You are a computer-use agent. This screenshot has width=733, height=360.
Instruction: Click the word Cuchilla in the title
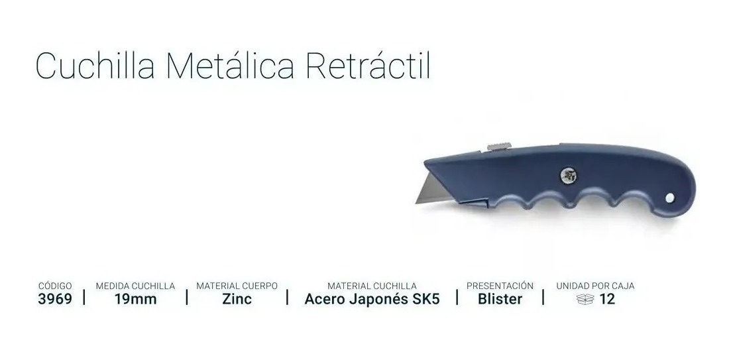(95, 66)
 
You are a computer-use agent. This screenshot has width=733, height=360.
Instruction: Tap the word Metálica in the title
(231, 66)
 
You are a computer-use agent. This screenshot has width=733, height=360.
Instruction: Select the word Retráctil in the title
(368, 66)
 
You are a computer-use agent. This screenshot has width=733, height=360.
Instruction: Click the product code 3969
(55, 299)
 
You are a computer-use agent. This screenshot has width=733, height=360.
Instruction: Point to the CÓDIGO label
(55, 285)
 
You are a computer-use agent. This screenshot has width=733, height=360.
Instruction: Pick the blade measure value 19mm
(136, 299)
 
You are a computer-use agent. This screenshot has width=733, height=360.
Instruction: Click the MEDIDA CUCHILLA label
(136, 286)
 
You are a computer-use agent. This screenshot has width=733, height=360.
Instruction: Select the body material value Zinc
(237, 299)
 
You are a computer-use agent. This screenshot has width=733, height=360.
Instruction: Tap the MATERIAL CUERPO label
(237, 286)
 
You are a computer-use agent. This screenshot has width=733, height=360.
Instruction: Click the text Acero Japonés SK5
(372, 299)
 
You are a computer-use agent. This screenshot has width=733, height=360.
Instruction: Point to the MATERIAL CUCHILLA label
(372, 286)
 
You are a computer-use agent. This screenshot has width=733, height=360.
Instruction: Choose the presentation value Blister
(500, 299)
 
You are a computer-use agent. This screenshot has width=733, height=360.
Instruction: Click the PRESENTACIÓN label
(500, 285)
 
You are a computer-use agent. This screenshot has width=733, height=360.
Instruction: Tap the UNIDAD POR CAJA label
(595, 286)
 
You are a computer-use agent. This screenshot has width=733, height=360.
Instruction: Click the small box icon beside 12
(585, 299)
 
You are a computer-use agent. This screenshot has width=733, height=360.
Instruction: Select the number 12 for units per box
(607, 299)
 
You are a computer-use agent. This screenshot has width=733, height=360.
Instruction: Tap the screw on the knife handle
(569, 176)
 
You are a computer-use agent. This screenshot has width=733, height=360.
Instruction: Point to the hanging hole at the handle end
(670, 198)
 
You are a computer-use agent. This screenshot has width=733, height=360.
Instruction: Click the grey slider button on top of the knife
(499, 147)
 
